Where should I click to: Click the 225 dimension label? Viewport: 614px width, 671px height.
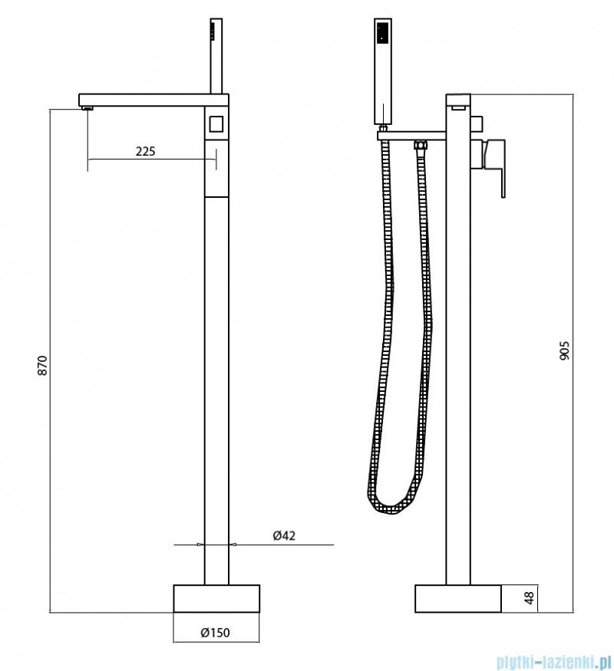click(x=146, y=151)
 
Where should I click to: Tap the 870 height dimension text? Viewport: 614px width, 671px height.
click(x=43, y=365)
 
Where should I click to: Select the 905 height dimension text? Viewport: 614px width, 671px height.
click(x=565, y=350)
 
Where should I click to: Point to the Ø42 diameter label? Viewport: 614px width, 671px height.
click(x=284, y=535)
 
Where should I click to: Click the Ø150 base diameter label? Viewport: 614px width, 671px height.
click(x=216, y=632)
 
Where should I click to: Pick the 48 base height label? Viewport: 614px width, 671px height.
click(x=530, y=598)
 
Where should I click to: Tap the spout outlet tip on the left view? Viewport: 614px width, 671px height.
click(x=87, y=108)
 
